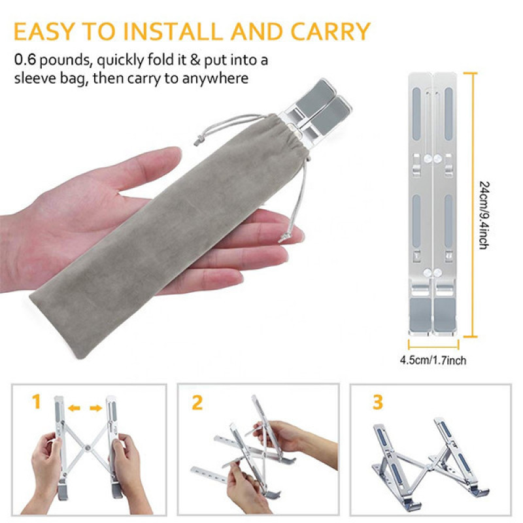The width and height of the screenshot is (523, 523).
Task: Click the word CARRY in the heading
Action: (x=330, y=31)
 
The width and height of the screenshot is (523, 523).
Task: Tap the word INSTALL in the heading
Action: (x=172, y=31)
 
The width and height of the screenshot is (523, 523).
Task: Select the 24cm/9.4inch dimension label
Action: (x=484, y=215)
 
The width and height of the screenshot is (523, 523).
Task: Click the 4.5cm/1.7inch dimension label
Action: (x=433, y=360)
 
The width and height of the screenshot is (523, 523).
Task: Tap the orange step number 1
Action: (x=37, y=401)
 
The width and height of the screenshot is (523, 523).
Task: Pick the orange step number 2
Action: (x=197, y=402)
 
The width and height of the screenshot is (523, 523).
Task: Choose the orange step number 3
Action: (x=378, y=402)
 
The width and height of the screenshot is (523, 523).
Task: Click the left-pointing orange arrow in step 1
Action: (x=74, y=407)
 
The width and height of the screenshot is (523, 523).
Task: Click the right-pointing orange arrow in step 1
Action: (x=96, y=408)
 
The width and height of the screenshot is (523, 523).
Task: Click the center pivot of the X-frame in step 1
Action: (x=88, y=448)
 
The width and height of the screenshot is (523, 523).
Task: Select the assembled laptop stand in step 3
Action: (x=430, y=462)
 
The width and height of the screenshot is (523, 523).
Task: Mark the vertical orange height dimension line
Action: (x=473, y=205)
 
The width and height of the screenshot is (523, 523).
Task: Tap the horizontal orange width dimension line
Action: (x=433, y=345)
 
